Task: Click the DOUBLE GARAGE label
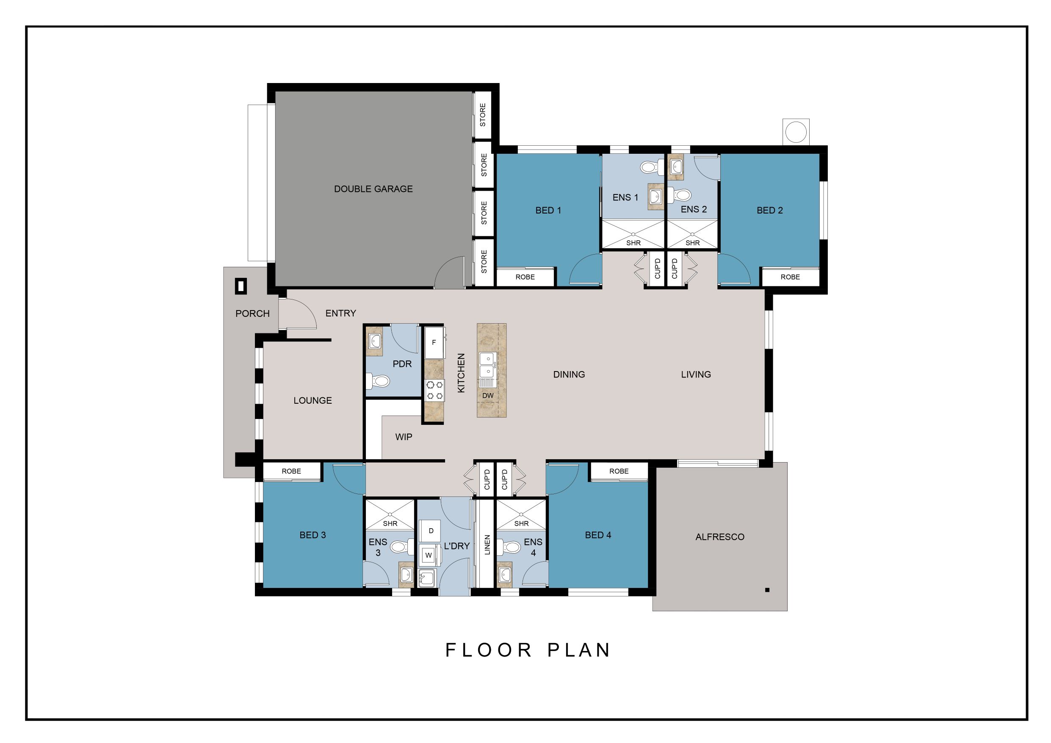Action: point(373,189)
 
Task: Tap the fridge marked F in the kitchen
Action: point(434,342)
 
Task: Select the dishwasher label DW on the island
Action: point(488,396)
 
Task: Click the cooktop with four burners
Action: point(434,390)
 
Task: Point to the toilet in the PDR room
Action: point(378,381)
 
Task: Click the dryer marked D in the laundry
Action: point(431,531)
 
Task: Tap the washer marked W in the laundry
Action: point(429,555)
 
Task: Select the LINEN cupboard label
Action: point(487,545)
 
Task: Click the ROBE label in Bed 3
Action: point(291,471)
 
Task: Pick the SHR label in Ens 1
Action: point(633,243)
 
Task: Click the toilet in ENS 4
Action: point(509,546)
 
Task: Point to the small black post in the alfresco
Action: point(767,590)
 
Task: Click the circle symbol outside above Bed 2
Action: point(796,132)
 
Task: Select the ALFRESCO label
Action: point(719,537)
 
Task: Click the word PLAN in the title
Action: point(579,651)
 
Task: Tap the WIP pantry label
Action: point(403,437)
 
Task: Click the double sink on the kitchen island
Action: point(487,365)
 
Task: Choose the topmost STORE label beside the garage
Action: point(482,114)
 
